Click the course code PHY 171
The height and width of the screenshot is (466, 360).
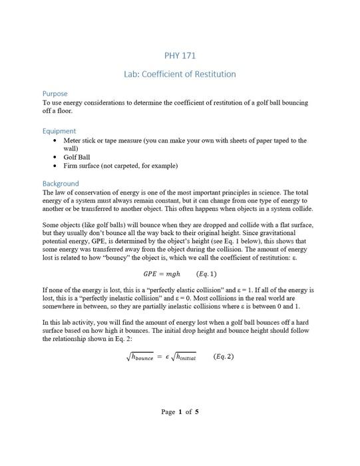pos(180,55)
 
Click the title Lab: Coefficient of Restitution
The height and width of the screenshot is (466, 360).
pos(180,74)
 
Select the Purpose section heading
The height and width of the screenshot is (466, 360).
pos(55,94)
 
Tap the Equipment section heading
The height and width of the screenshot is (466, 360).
pos(59,131)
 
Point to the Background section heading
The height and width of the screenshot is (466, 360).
pos(61,183)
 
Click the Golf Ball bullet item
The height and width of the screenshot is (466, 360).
pos(78,157)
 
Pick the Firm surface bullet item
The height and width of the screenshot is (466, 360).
pos(120,166)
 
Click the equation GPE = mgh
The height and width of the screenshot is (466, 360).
pos(162,274)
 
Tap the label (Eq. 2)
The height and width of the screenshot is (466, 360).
pos(224,357)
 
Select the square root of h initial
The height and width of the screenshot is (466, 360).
pos(183,357)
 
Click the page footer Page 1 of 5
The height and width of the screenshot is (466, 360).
pos(180,412)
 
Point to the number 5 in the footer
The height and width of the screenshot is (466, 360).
pos(196,412)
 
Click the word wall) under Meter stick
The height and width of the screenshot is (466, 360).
pos(71,148)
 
